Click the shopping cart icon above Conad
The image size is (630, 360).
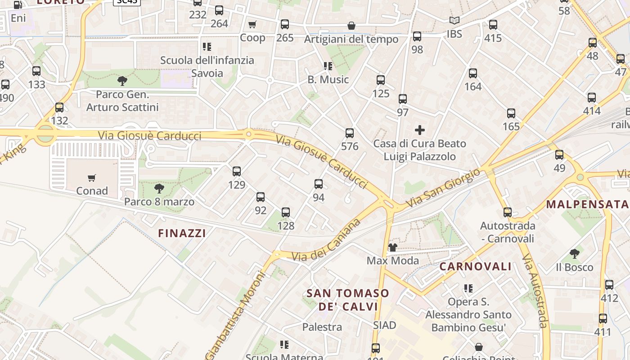[92, 178]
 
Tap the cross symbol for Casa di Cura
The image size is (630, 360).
[420, 130]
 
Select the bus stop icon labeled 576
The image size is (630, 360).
[350, 133]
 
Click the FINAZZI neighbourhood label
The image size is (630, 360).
[182, 233]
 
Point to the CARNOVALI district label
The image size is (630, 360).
[476, 266]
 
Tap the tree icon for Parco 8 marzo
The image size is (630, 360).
[159, 189]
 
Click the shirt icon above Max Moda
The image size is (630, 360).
[392, 247]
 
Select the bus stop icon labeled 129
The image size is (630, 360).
[237, 171]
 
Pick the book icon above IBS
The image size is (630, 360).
[454, 21]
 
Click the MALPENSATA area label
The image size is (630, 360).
[587, 204]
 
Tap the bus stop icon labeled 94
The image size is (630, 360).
[319, 184]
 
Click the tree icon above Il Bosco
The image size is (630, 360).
[574, 254]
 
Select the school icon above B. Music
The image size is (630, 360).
[328, 66]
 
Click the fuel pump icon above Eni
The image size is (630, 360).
[18, 5]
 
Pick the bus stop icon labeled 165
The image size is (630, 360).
[511, 113]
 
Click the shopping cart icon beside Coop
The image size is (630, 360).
[252, 24]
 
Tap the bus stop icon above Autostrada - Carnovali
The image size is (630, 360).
[508, 212]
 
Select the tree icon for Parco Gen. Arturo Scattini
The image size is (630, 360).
[122, 81]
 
